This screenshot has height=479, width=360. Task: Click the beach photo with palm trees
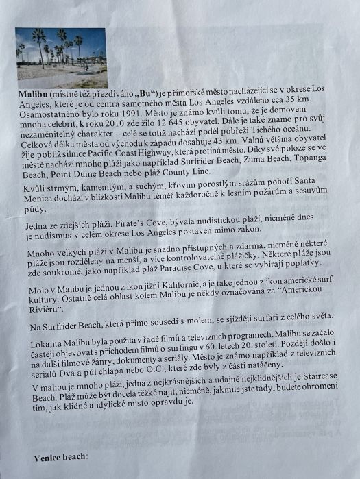(61, 57)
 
